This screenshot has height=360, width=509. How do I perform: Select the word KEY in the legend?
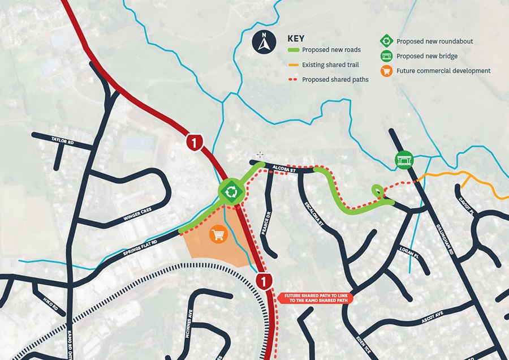pyautogui.click(x=295, y=38)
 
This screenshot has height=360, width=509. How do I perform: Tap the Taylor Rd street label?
pyautogui.click(x=62, y=140)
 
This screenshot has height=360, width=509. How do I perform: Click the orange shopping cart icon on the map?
pyautogui.click(x=218, y=235)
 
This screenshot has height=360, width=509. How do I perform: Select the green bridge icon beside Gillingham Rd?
pyautogui.click(x=404, y=160)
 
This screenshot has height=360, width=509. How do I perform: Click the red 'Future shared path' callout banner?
pyautogui.click(x=313, y=298)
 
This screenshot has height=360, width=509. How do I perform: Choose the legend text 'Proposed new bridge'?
pyautogui.click(x=427, y=56)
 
